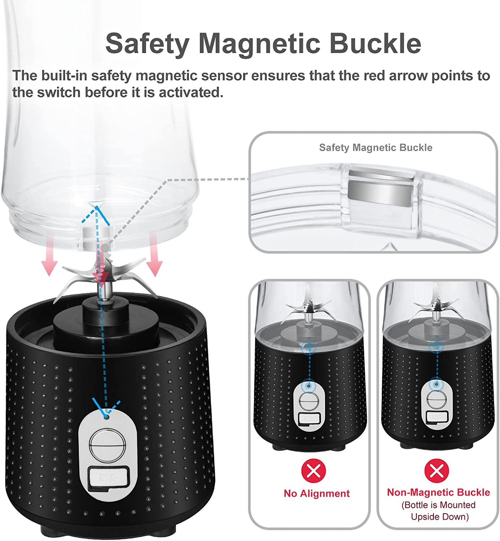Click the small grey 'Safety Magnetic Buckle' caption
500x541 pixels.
(x=376, y=148)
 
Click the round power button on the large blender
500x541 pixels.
(x=107, y=445)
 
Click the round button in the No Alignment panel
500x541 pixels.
(x=309, y=402)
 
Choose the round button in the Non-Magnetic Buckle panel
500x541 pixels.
(x=436, y=400)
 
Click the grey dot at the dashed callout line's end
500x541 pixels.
(x=105, y=248)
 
